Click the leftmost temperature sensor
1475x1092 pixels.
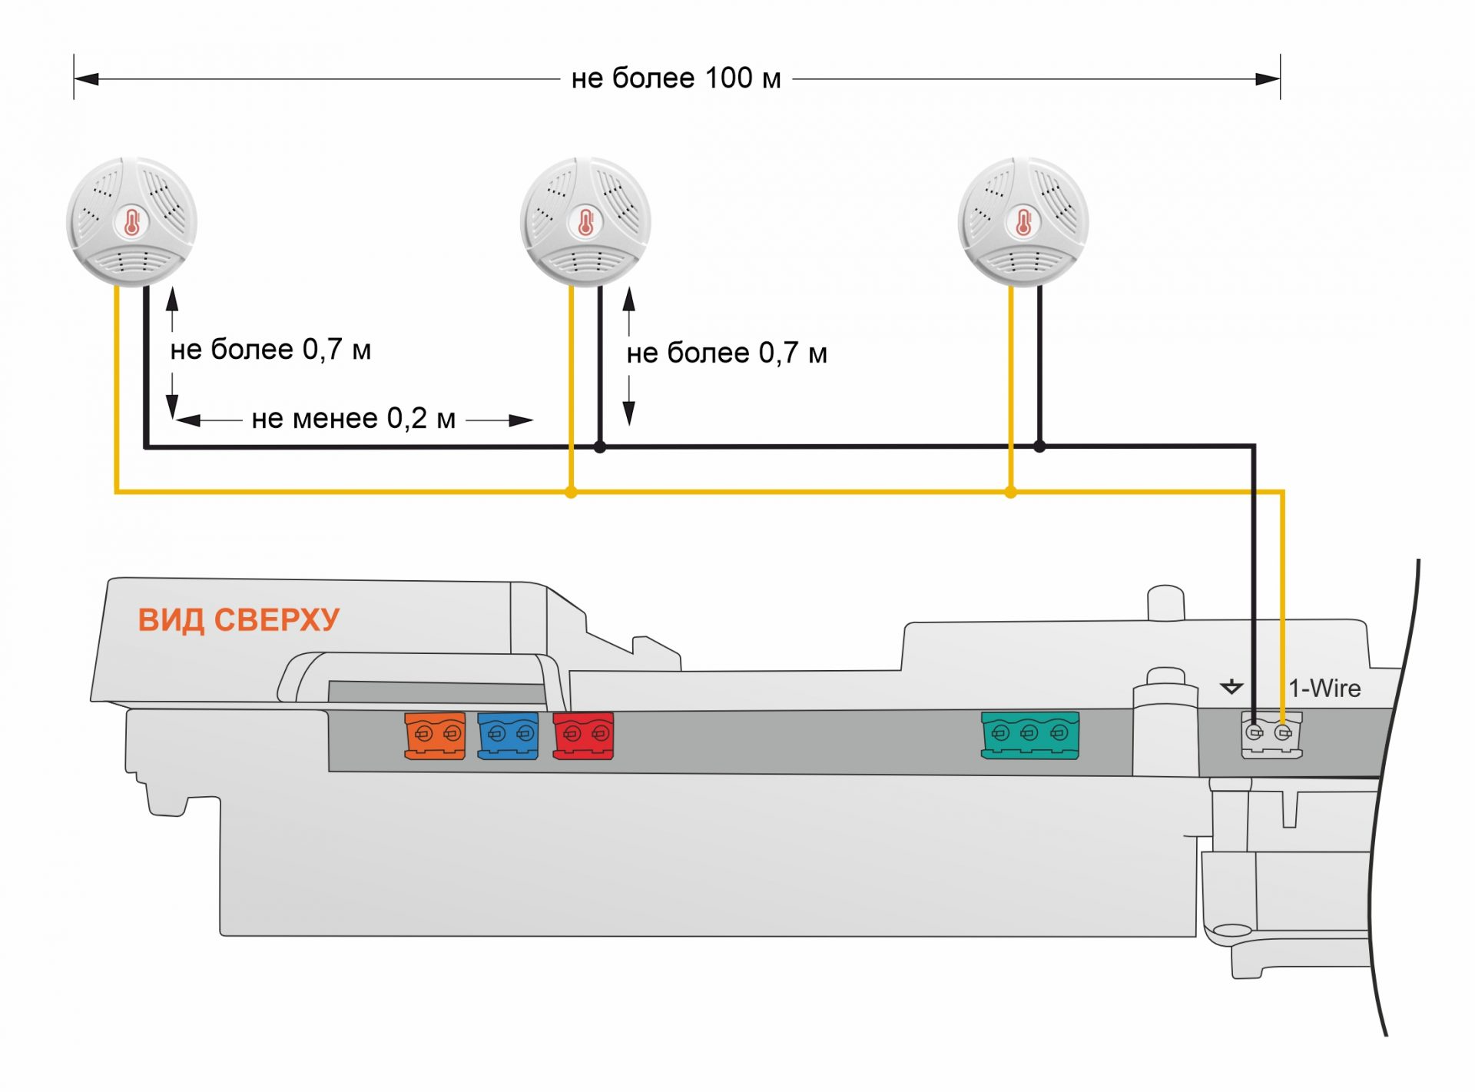pyautogui.click(x=131, y=222)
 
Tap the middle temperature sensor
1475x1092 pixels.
pyautogui.click(x=585, y=222)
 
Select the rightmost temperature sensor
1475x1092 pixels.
pyautogui.click(x=1023, y=222)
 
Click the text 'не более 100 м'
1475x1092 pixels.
pyautogui.click(x=676, y=78)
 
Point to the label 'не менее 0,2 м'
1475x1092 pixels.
pyautogui.click(x=353, y=419)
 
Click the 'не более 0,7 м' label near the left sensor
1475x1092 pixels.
pyautogui.click(x=270, y=350)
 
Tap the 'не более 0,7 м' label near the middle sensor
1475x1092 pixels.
pyautogui.click(x=727, y=353)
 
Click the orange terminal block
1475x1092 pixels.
pyautogui.click(x=435, y=735)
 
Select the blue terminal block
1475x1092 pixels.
pyautogui.click(x=508, y=735)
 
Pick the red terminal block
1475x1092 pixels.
pyautogui.click(x=583, y=735)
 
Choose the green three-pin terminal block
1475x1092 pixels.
pyautogui.click(x=1029, y=735)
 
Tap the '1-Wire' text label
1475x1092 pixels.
pyautogui.click(x=1324, y=689)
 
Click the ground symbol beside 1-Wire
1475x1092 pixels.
pyautogui.click(x=1231, y=687)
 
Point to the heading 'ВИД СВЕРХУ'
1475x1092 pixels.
pyautogui.click(x=238, y=620)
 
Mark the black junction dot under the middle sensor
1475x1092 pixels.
pyautogui.click(x=600, y=446)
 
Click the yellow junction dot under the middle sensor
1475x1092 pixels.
pyautogui.click(x=571, y=492)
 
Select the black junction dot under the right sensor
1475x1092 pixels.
pyautogui.click(x=1039, y=446)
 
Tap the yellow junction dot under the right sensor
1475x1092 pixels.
pyautogui.click(x=1010, y=492)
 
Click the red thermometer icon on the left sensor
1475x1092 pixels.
pyautogui.click(x=131, y=223)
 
